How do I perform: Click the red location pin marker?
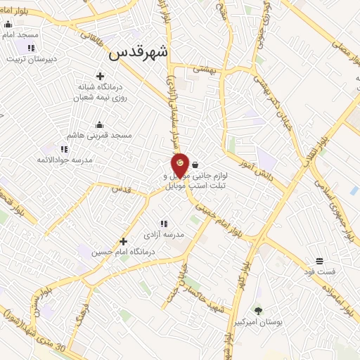click(x=180, y=165)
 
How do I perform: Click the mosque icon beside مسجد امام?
click(x=8, y=24)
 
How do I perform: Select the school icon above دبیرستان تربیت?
click(x=30, y=48)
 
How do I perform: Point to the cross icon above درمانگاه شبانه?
click(x=100, y=76)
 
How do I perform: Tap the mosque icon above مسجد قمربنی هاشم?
click(x=99, y=124)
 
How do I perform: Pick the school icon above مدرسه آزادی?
click(x=164, y=224)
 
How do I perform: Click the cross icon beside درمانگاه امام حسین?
click(x=123, y=241)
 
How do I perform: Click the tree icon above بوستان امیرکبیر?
click(x=257, y=310)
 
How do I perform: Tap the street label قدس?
click(x=122, y=189)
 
